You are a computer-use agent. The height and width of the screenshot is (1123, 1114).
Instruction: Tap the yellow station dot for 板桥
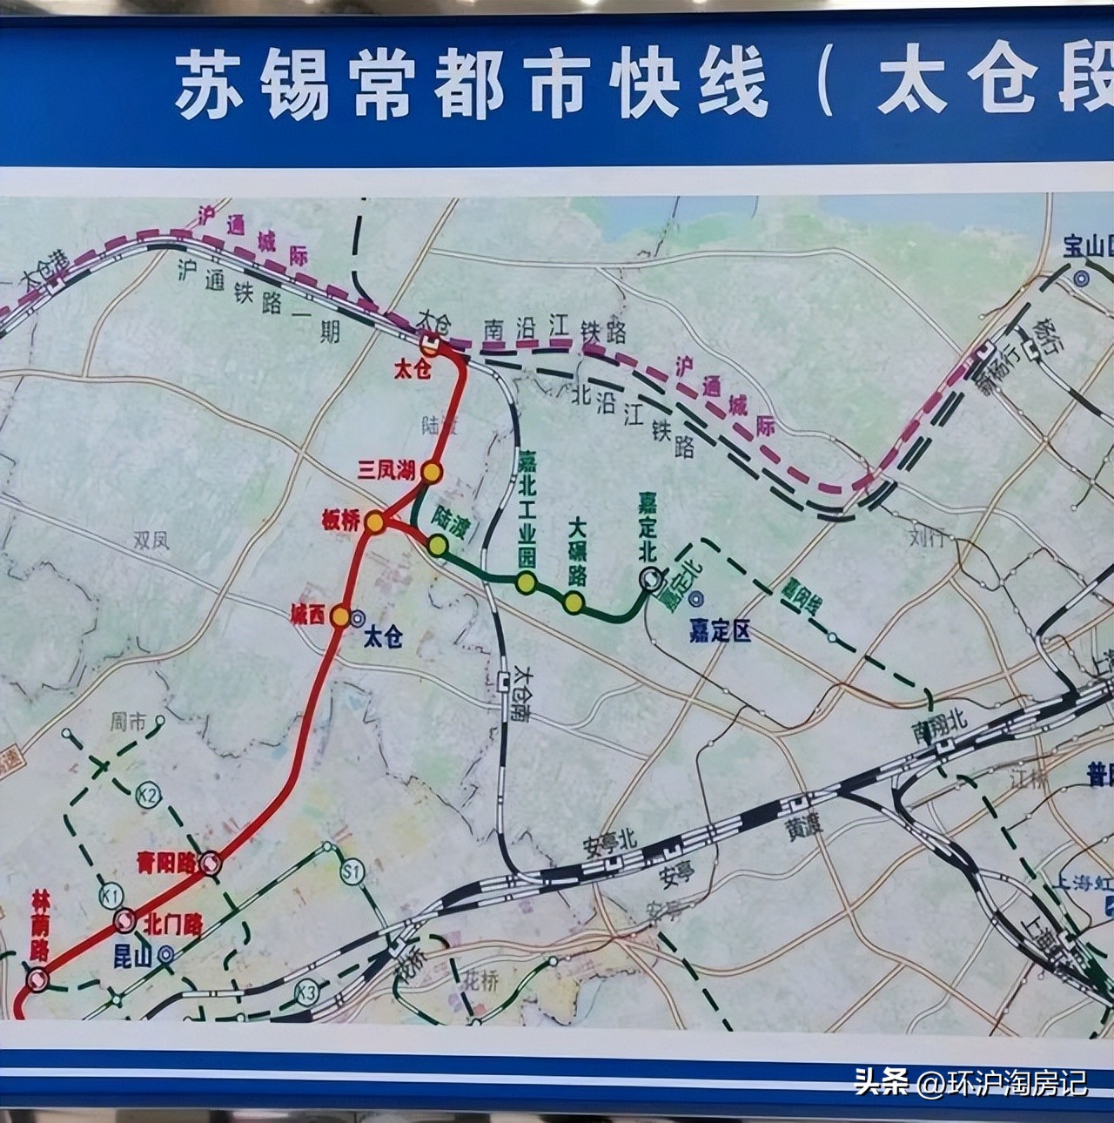374,522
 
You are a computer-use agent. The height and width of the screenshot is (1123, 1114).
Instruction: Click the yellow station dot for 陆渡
437,546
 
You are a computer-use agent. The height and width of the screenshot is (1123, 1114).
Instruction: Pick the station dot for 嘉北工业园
525,582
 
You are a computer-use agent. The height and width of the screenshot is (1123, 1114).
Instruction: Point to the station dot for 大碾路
573,602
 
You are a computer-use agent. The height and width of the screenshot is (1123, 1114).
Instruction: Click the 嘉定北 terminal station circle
649,578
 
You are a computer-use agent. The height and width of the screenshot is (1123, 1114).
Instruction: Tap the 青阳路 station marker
209,863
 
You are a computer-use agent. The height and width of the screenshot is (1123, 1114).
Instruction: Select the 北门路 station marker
124,921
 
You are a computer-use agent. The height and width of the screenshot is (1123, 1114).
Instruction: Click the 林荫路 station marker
37,980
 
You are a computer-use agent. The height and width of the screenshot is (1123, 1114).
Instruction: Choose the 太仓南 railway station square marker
505,683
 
